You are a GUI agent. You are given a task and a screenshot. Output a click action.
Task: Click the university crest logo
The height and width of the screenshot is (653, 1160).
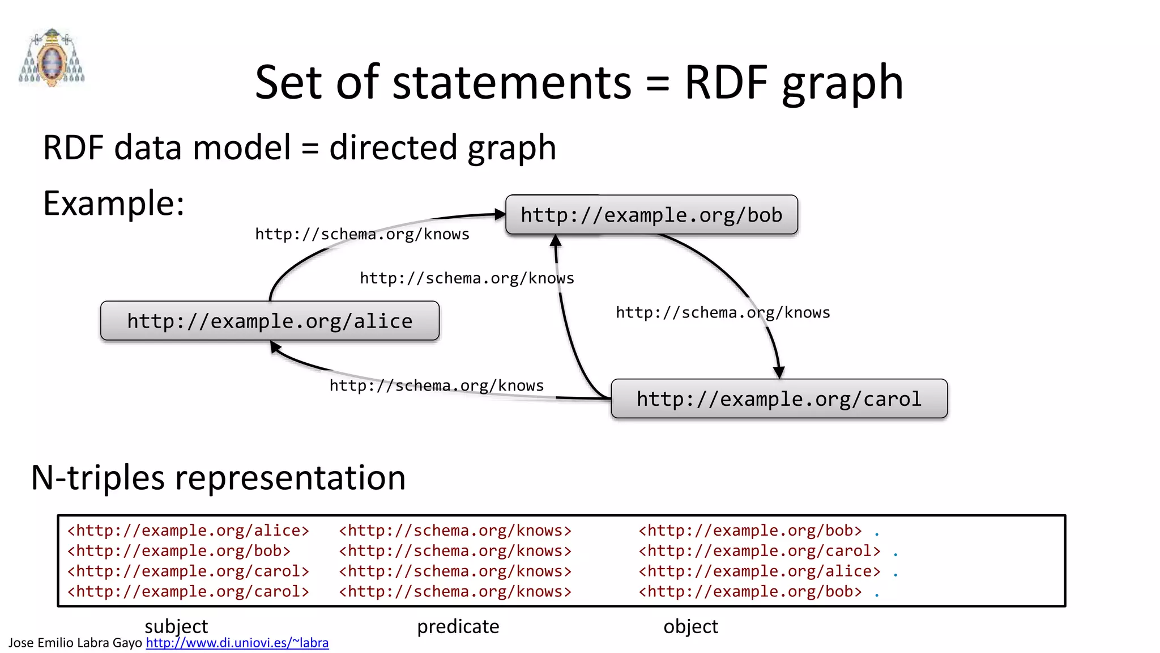52,58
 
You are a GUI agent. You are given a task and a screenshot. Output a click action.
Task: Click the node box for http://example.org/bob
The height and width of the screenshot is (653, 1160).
651,215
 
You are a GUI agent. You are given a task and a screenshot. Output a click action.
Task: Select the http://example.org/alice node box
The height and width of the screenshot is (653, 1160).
270,321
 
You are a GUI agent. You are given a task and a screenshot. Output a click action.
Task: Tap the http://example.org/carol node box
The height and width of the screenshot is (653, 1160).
779,398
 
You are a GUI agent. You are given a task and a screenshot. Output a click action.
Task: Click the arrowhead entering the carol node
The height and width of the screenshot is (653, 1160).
779,372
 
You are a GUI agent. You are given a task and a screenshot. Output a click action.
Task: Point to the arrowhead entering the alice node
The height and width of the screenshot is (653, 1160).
276,346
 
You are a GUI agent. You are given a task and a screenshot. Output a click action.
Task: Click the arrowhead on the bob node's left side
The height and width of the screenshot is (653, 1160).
500,214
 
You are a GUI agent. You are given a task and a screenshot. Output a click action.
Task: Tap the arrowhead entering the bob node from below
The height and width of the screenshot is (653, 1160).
556,240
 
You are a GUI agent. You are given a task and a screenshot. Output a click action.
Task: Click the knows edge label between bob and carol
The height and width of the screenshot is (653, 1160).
723,312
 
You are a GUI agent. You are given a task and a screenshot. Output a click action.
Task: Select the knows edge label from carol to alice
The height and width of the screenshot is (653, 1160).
436,385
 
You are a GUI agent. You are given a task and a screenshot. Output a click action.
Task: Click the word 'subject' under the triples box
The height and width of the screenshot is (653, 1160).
176,626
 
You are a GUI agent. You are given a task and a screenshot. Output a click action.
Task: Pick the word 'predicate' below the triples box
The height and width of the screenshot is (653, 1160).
458,626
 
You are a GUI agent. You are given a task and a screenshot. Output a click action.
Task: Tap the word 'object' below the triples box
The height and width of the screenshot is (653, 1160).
690,626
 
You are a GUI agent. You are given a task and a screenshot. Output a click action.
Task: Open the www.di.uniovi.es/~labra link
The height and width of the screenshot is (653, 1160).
237,643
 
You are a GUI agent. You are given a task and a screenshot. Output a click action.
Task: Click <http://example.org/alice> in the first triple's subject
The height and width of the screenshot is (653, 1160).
188,531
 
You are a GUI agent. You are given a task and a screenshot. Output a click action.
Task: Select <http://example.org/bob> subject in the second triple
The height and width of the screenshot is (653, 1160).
179,551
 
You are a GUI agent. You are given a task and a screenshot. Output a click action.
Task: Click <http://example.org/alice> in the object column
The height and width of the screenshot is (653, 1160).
760,571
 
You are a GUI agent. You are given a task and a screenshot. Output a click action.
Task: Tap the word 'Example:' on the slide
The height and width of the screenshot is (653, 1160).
114,203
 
